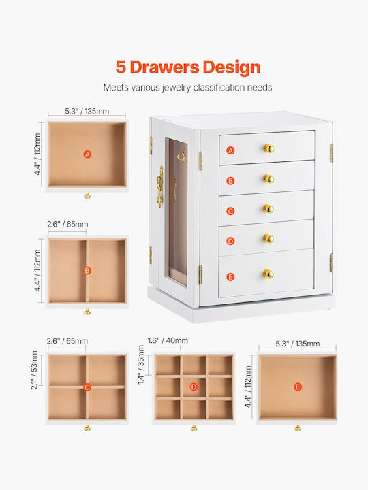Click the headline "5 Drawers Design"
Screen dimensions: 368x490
(x=188, y=67)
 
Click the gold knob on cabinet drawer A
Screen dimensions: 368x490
(x=269, y=148)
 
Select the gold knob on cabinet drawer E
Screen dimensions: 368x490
(x=269, y=274)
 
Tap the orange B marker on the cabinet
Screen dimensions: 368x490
(x=230, y=180)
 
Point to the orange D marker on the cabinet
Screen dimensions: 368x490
(x=230, y=241)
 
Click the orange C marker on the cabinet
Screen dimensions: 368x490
(x=230, y=211)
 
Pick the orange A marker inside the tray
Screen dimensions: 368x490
(x=88, y=154)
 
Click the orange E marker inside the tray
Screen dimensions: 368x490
(x=298, y=387)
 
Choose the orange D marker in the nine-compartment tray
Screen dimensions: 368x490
(x=194, y=387)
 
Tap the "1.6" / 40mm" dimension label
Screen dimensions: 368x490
(x=168, y=340)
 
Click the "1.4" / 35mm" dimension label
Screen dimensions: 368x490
(x=142, y=365)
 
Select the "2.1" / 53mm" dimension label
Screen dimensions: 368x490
(x=35, y=370)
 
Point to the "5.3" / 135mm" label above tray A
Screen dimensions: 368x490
(x=87, y=111)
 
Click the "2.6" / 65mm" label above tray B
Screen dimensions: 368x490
(x=67, y=224)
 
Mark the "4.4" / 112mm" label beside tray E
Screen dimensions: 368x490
(x=248, y=387)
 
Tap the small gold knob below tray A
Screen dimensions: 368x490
(x=87, y=195)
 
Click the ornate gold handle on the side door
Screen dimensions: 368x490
(x=160, y=187)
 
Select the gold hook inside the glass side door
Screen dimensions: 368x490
(x=183, y=157)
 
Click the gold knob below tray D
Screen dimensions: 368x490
(x=194, y=428)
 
